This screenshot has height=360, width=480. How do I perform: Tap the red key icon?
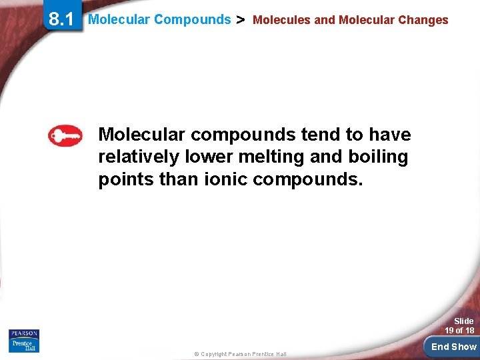pos(65,136)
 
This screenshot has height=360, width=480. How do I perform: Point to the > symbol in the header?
pos(241,20)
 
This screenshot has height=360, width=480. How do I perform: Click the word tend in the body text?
pos(321,135)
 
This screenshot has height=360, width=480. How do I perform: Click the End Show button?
pos(453,347)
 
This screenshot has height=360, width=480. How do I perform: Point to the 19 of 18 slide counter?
pos(459,331)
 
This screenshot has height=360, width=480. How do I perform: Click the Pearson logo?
pos(24,333)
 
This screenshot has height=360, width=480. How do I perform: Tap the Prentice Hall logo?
pos(24,346)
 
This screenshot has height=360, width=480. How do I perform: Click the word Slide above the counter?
pos(463,321)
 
